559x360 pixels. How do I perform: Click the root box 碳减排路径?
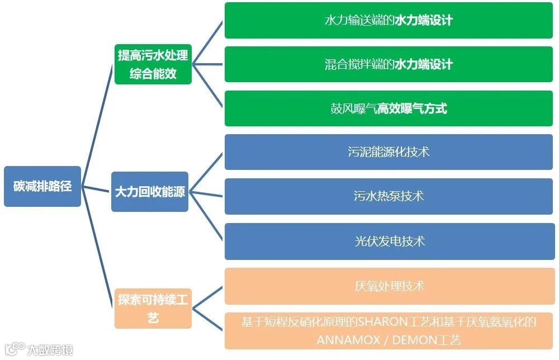coord(42,186)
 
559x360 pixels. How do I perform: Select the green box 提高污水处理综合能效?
coord(153,64)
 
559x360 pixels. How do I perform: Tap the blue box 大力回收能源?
coord(150,192)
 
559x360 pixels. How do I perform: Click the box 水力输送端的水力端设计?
coord(389,21)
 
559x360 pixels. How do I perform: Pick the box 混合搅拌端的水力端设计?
coord(389,64)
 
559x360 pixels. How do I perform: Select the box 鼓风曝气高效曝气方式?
coord(389,108)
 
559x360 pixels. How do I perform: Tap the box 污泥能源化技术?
coord(389,152)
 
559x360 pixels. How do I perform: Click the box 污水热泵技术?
coord(389,196)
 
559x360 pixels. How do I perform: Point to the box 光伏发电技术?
coord(389,241)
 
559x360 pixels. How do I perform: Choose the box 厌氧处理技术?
coord(389,286)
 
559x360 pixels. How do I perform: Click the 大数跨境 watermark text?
coord(51,350)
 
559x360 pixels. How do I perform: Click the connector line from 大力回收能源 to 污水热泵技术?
coord(206,195)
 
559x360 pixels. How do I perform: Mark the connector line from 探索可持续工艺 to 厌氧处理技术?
coord(207,294)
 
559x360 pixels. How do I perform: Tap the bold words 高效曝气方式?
coord(412,108)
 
